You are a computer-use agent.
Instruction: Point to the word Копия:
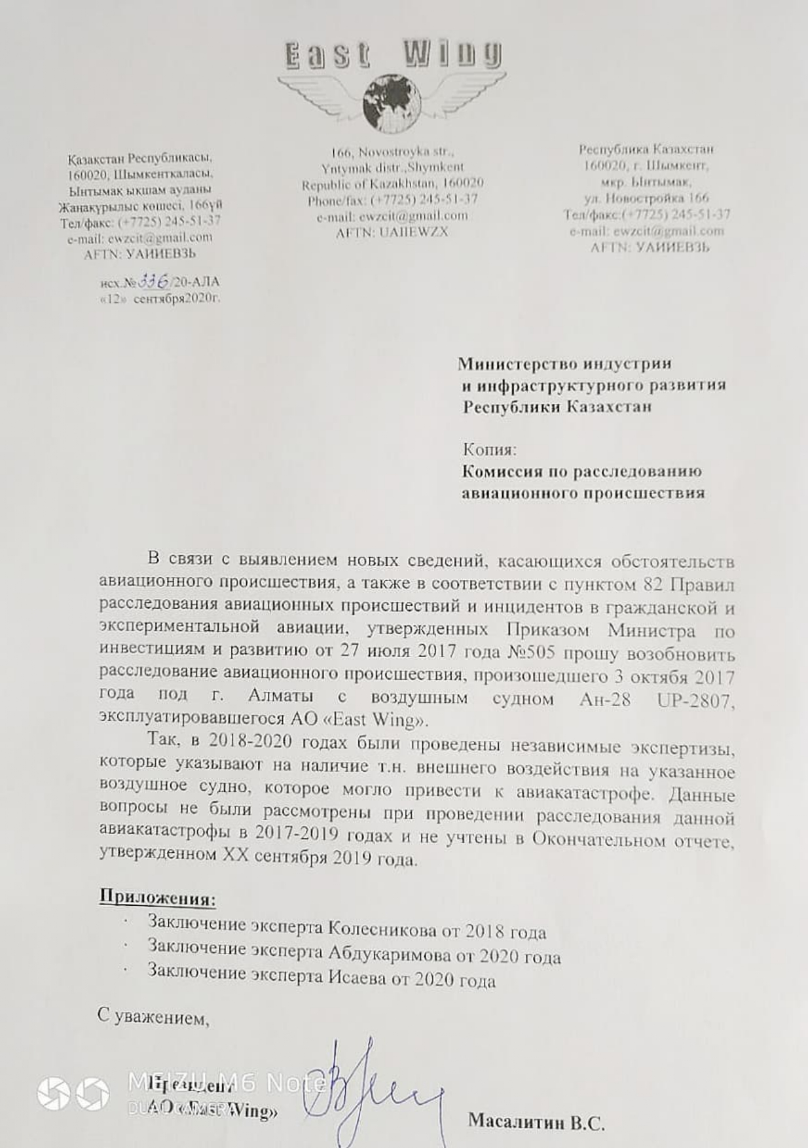[x=489, y=450]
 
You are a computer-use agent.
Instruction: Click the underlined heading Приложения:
[x=157, y=897]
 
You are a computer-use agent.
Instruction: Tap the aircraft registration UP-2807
[x=695, y=701]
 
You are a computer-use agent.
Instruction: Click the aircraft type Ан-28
[x=605, y=700]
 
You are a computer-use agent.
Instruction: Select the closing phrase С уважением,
[x=153, y=1016]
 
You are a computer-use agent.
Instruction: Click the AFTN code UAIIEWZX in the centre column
[x=413, y=232]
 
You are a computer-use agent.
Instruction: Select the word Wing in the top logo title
[x=452, y=55]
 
